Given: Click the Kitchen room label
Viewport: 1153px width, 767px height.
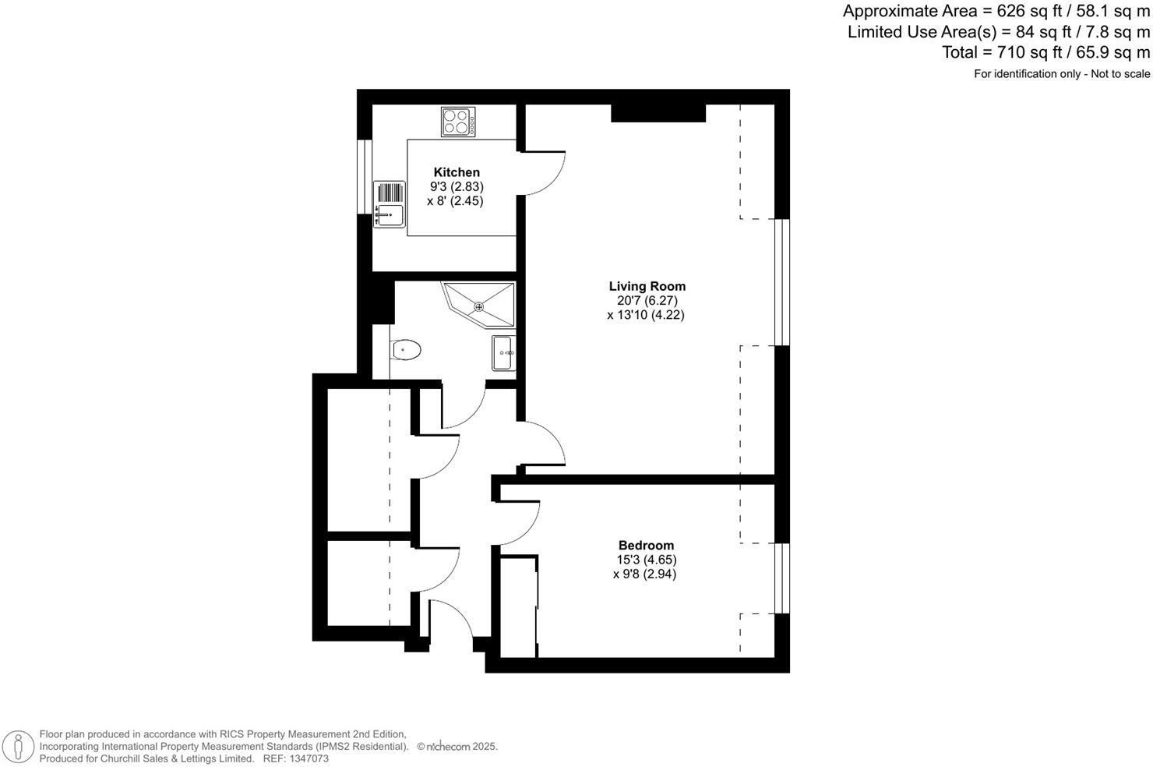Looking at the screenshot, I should [457, 172].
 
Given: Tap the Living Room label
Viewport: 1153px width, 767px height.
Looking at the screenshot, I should [647, 286].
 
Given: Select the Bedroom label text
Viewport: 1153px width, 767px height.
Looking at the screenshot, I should [646, 545].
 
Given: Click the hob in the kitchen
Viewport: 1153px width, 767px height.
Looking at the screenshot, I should [457, 122].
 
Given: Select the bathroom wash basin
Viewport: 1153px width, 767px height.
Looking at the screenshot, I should [503, 353].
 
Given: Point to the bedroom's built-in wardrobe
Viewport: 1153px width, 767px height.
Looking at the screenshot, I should [518, 606].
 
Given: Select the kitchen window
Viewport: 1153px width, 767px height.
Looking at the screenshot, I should [364, 175].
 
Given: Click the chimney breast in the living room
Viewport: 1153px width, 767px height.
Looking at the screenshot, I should [658, 113].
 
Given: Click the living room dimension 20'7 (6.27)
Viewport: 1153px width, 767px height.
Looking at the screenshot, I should [646, 301].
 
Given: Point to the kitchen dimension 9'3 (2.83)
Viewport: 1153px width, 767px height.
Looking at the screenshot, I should [457, 186].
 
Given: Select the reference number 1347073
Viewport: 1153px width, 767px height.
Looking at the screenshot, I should [308, 758].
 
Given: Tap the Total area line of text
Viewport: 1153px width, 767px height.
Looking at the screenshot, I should [1045, 52].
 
